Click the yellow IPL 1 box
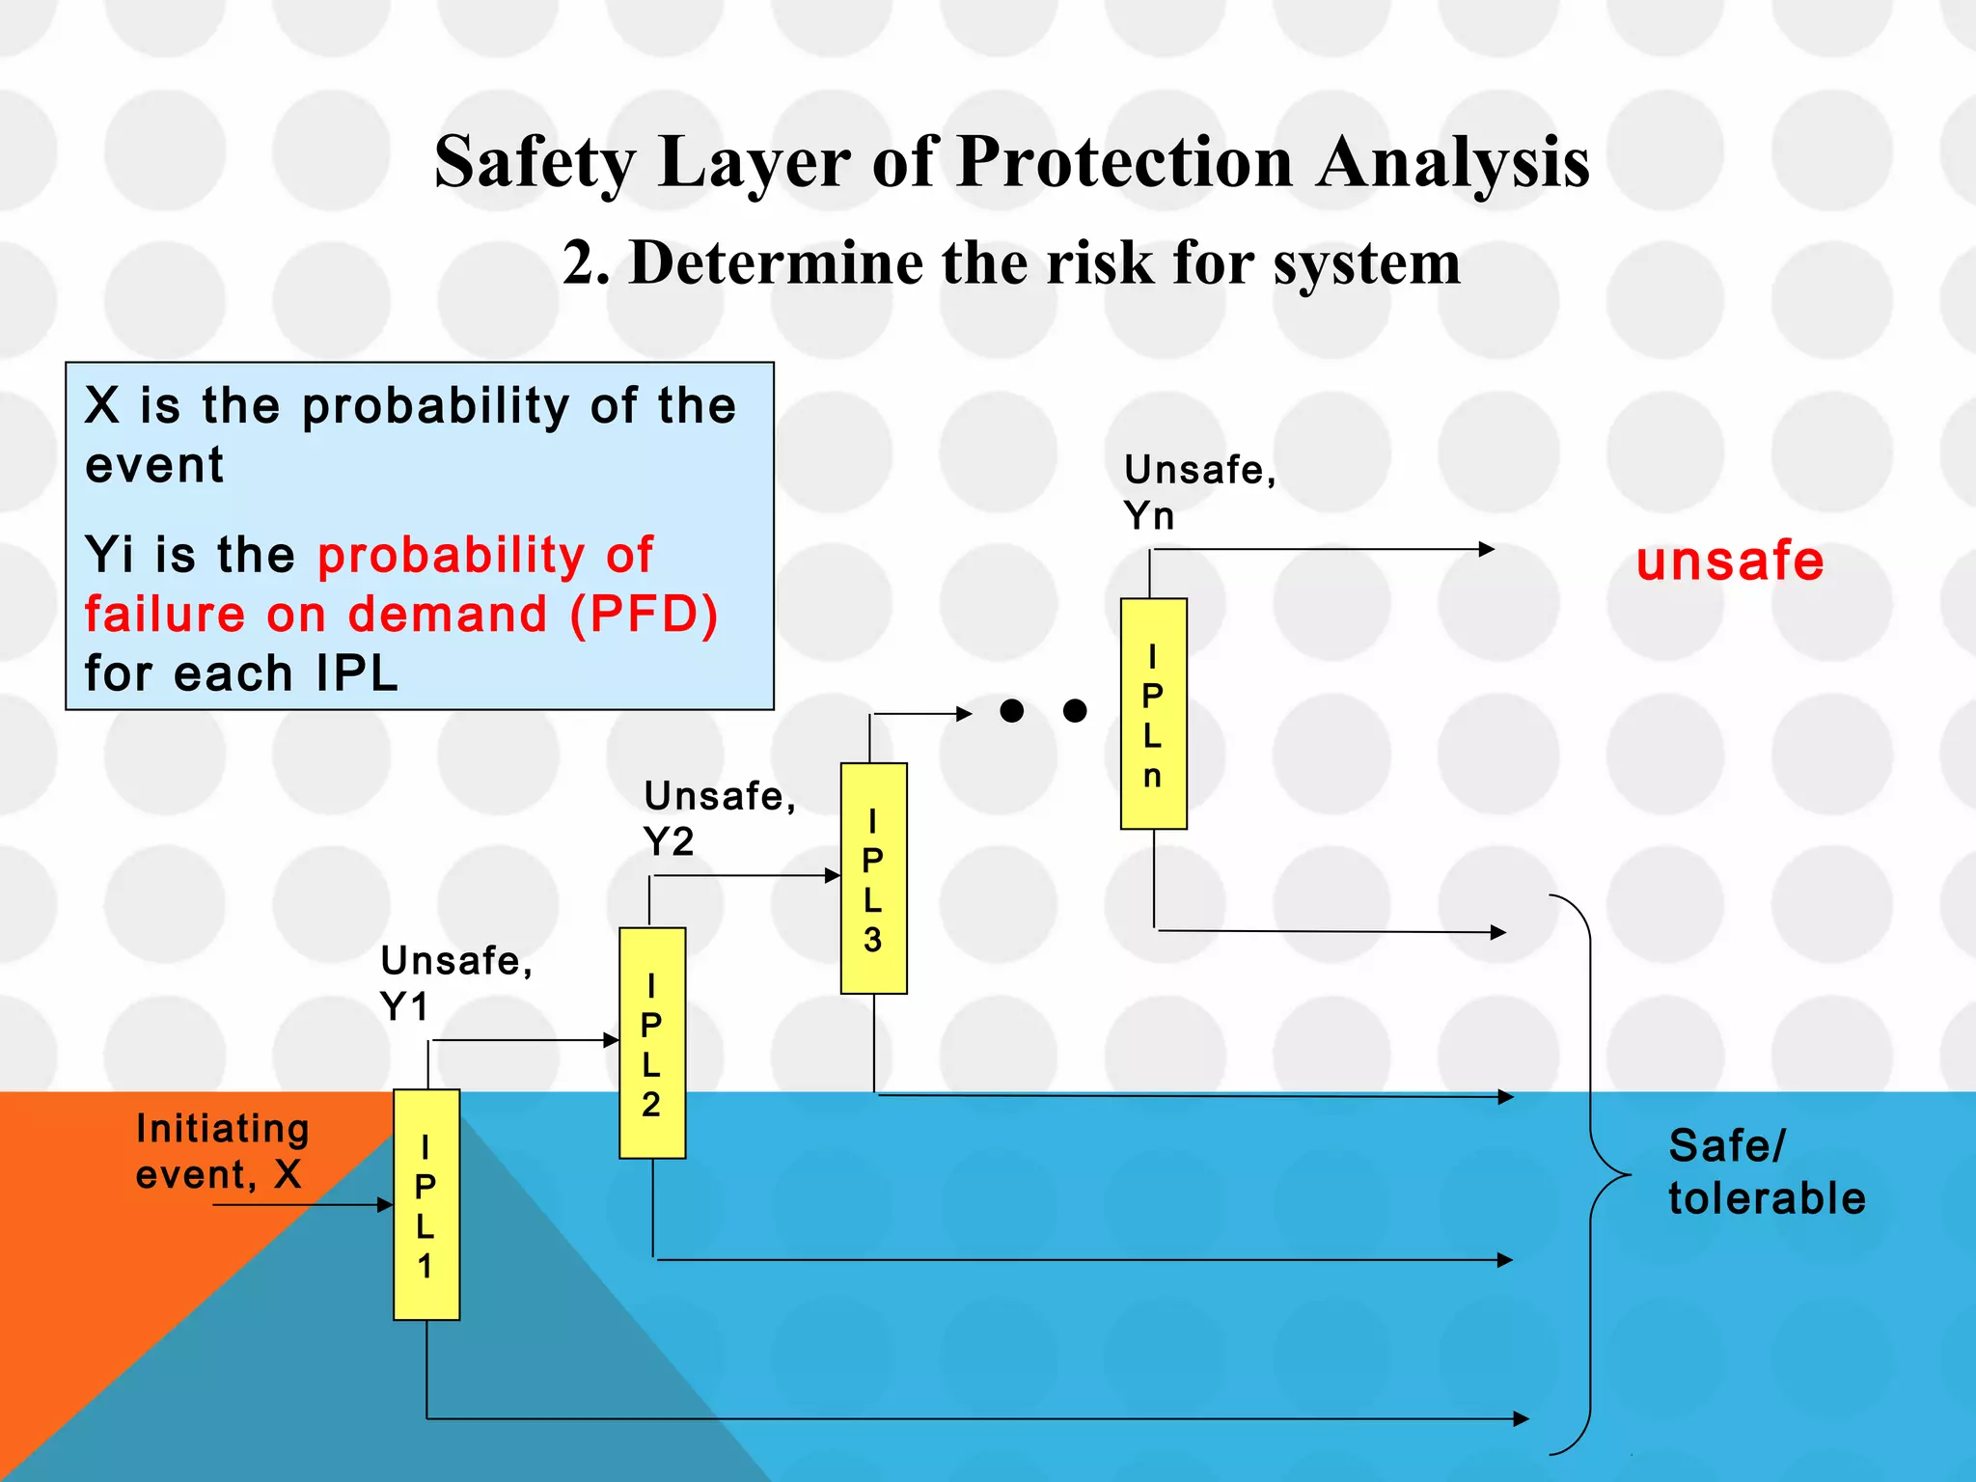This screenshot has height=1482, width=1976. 425,1204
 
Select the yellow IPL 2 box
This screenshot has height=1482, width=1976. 652,1042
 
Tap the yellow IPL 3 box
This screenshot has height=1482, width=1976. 873,878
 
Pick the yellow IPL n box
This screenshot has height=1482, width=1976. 1153,713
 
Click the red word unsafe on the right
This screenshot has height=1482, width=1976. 1729,562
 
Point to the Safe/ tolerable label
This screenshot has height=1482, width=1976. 1766,1172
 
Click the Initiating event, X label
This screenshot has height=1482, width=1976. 222,1151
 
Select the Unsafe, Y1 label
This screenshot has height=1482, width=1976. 455,983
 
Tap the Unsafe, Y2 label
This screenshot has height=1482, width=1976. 719,818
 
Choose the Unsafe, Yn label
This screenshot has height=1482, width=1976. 1199,492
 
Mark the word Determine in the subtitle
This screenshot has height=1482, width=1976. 777,262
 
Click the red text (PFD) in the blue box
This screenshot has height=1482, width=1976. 644,615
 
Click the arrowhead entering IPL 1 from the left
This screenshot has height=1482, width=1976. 386,1204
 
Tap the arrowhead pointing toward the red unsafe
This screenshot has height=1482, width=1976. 1487,549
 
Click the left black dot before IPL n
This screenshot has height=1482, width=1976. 1011,711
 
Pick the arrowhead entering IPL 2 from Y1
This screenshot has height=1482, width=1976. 611,1040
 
